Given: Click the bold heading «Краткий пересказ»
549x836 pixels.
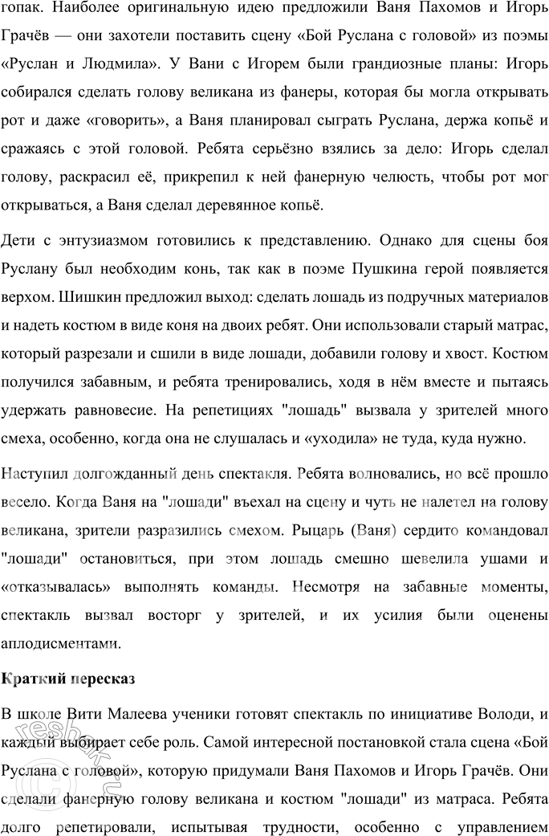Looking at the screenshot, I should click(x=68, y=678).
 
